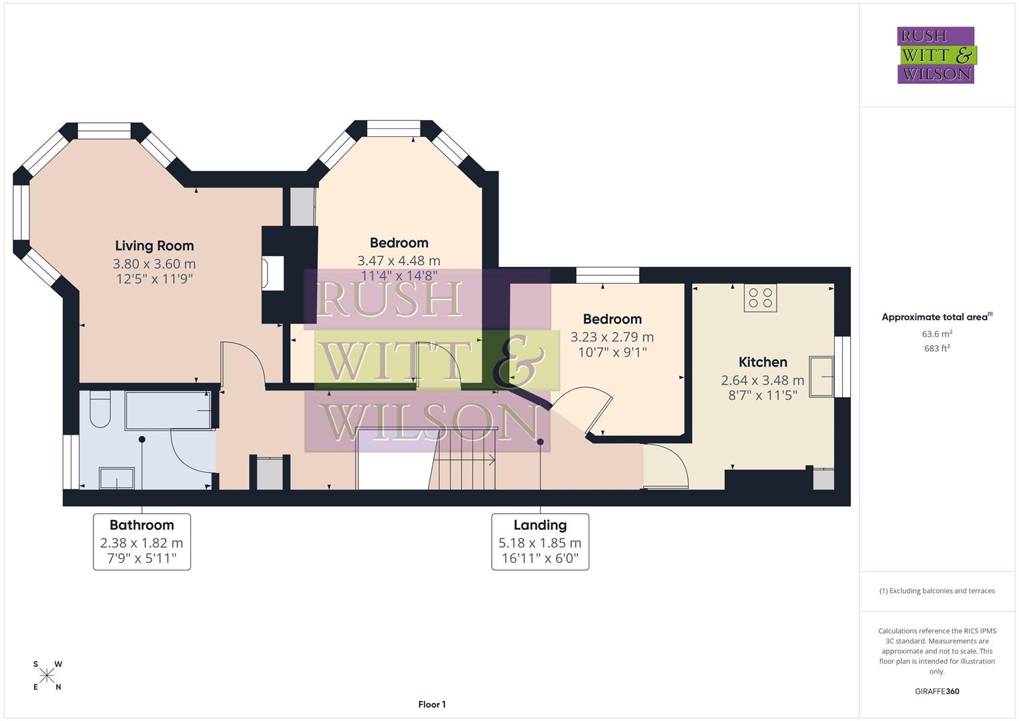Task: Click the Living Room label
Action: [x=154, y=246]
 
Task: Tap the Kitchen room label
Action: [x=763, y=362]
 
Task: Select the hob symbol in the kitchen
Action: [x=761, y=298]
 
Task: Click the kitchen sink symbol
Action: [x=821, y=377]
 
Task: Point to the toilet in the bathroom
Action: [x=100, y=409]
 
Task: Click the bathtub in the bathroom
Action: [x=169, y=411]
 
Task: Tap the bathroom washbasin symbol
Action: [x=116, y=478]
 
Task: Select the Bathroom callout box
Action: [x=141, y=541]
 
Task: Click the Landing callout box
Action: [x=540, y=541]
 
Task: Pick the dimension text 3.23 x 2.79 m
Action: [x=612, y=337]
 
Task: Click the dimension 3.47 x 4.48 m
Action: [x=398, y=260]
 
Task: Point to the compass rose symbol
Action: [x=47, y=676]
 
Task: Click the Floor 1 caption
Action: [x=432, y=704]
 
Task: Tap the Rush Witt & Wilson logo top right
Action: [x=936, y=55]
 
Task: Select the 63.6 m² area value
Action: [x=936, y=334]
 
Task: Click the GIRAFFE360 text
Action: [x=936, y=691]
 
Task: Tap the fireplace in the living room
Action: [x=274, y=274]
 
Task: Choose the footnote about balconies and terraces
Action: [x=936, y=591]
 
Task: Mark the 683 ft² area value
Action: [x=936, y=348]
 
